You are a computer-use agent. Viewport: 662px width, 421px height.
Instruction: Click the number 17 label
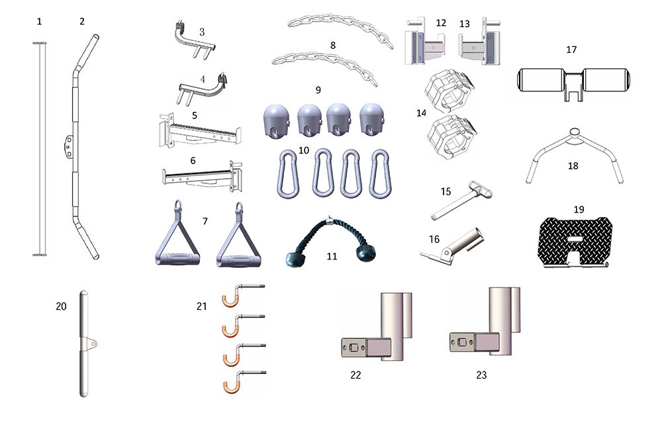point(571,50)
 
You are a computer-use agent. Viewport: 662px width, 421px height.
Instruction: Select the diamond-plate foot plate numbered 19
point(575,243)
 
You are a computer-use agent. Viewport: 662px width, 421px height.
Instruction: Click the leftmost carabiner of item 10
point(288,173)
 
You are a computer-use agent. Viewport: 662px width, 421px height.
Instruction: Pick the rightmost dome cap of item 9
point(372,120)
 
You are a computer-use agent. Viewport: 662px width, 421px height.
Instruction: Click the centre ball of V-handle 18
point(574,132)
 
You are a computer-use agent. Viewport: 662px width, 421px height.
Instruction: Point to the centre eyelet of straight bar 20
point(91,344)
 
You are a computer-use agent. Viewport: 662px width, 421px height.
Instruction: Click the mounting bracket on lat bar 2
point(68,146)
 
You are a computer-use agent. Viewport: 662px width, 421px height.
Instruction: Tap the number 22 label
point(355,375)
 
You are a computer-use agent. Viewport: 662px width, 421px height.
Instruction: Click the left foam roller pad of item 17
point(542,80)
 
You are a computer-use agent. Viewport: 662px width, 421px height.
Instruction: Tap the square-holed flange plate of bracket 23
point(462,342)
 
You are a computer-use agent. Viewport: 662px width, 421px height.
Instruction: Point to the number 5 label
point(194,115)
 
